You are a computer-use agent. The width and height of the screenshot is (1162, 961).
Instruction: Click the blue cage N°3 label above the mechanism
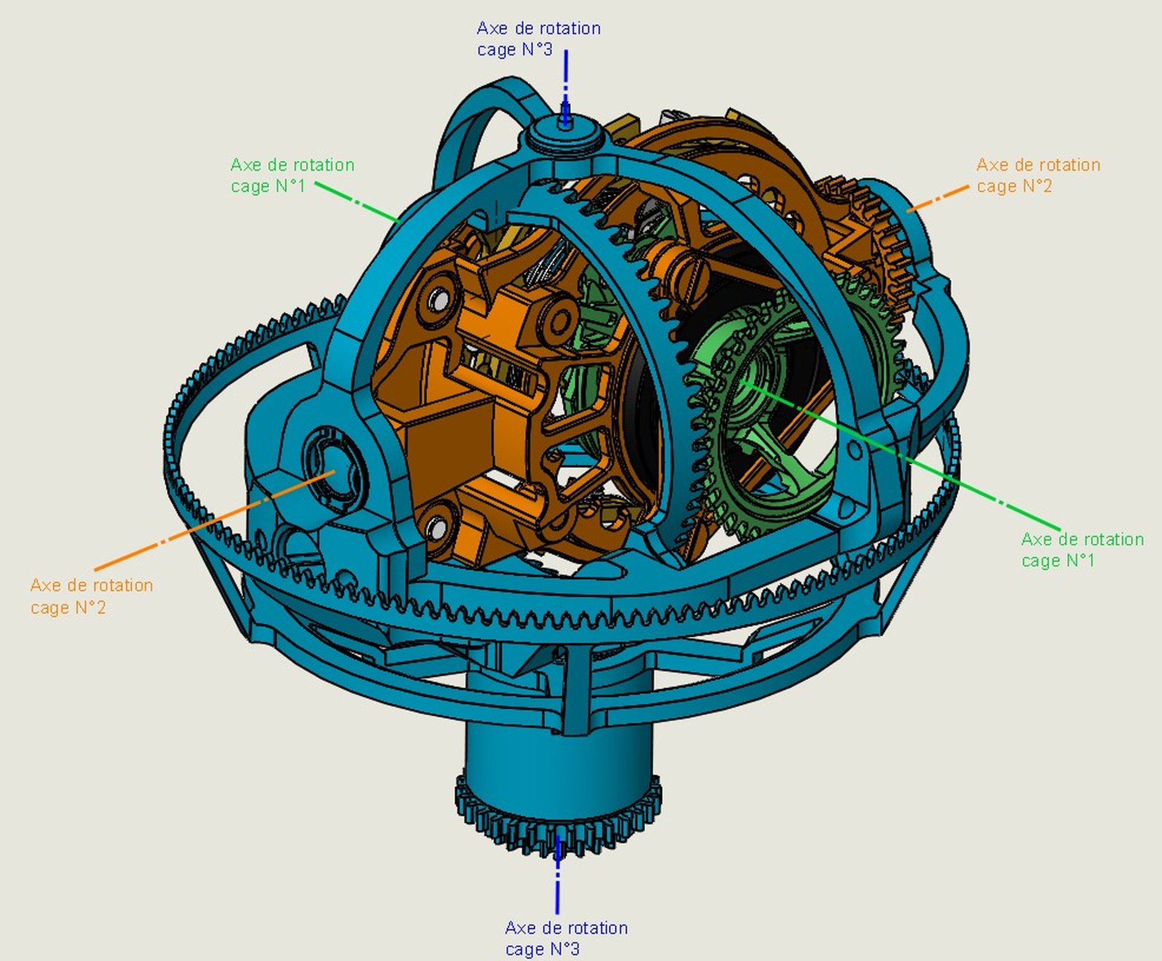tap(539, 39)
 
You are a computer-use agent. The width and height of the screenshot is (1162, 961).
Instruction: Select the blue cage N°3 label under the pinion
tap(566, 938)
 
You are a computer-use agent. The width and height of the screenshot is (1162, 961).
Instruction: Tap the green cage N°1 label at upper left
tap(292, 175)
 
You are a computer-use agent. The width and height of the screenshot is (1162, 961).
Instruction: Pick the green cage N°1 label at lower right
tap(1082, 549)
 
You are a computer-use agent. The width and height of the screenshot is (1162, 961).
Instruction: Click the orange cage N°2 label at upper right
tap(1038, 175)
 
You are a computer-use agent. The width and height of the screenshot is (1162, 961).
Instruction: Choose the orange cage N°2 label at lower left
tap(91, 596)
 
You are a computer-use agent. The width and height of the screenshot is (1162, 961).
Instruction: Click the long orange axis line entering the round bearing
tap(214, 521)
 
